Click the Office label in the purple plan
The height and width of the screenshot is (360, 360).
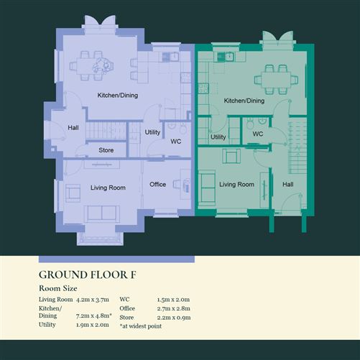click(157, 185)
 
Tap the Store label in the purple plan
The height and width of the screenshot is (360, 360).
click(106, 150)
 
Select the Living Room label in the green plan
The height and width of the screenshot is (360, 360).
click(236, 185)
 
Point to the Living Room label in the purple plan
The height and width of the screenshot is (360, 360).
click(108, 188)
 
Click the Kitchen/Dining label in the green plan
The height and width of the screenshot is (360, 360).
click(244, 101)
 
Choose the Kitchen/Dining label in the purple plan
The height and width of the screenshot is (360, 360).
click(118, 96)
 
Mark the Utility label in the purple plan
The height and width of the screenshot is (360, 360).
click(152, 132)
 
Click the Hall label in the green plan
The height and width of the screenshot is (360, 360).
click(287, 185)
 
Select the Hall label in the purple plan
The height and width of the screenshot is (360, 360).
click(73, 128)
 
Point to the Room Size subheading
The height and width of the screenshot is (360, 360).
click(58, 287)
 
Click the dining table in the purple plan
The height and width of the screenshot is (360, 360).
click(100, 63)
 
